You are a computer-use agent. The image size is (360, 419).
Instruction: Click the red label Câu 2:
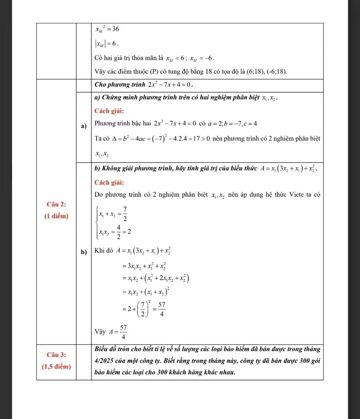(x=56, y=204)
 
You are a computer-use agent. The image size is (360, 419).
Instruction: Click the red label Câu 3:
(x=56, y=355)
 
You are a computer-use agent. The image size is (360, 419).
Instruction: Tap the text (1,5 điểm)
(x=56, y=366)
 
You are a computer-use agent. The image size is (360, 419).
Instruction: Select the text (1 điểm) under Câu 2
(x=56, y=216)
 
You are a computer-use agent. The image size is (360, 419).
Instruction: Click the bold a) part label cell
(x=84, y=126)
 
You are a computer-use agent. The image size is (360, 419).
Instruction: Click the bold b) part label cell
(x=84, y=252)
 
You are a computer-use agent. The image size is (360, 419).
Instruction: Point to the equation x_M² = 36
(x=107, y=29)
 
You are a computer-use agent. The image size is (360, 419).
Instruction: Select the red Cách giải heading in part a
(x=109, y=111)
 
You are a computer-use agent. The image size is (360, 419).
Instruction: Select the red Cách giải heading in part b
(x=109, y=183)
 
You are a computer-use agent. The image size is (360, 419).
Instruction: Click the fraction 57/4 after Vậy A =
(x=123, y=332)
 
